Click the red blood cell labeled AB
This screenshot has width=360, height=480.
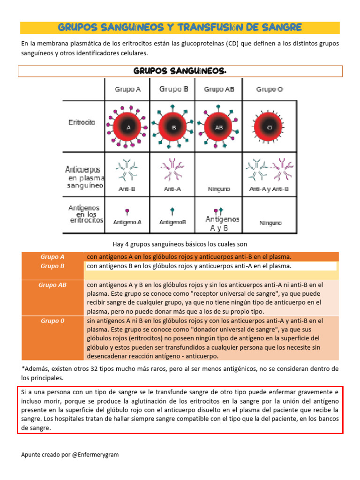(x=218, y=127)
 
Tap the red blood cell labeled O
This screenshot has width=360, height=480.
(x=269, y=127)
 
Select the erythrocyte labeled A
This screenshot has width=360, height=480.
(x=128, y=127)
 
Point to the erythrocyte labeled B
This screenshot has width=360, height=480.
(x=173, y=127)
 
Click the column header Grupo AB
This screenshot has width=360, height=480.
(x=219, y=89)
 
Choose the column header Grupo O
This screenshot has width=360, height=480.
(x=270, y=89)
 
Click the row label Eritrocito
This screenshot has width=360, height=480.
(x=82, y=122)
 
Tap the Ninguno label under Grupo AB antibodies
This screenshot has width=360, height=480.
(x=218, y=189)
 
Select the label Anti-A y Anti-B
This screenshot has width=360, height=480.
(x=269, y=189)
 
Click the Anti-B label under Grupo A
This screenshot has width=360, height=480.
(x=127, y=189)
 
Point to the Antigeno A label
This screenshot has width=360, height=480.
(x=127, y=222)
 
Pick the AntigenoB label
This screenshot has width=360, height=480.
(x=173, y=222)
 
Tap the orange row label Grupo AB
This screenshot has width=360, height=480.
(x=52, y=284)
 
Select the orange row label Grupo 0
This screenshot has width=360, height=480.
(x=52, y=321)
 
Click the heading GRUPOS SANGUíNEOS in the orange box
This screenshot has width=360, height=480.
(x=180, y=71)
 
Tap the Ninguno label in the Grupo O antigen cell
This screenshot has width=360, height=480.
(x=270, y=224)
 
